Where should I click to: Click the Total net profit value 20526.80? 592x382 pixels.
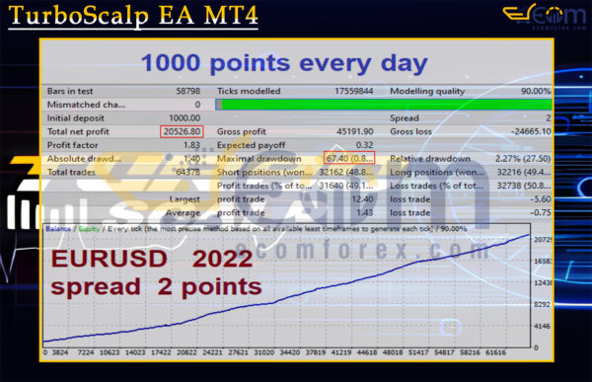[182, 131]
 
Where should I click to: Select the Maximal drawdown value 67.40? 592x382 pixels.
[340, 159]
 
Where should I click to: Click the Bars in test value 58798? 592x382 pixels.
[185, 91]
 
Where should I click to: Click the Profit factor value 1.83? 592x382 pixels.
[191, 145]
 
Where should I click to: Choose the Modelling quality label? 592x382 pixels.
[424, 91]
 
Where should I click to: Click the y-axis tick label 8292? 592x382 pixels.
[540, 305]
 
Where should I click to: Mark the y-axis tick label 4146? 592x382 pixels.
[540, 326]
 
